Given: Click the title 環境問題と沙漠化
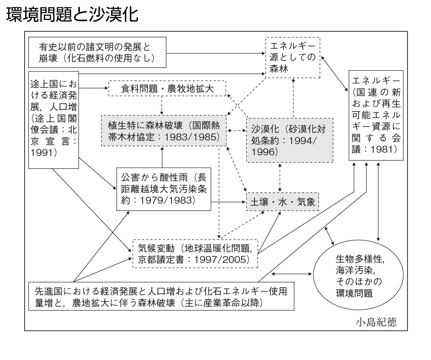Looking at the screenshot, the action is (x=72, y=15).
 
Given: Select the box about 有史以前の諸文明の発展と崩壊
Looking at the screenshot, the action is (x=97, y=52).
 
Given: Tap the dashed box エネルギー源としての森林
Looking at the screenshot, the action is (x=293, y=58).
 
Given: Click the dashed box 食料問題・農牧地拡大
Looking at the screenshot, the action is (x=167, y=88).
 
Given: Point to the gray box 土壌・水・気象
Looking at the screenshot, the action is (x=282, y=202).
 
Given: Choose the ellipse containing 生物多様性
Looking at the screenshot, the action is (x=358, y=275).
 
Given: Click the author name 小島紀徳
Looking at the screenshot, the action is (x=376, y=322).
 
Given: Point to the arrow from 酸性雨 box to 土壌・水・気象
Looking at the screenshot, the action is (x=228, y=202).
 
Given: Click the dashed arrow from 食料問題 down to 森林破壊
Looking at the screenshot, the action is (x=162, y=105).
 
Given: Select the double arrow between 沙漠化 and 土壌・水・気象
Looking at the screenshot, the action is (x=280, y=178).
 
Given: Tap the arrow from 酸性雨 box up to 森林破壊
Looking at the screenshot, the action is (x=162, y=157).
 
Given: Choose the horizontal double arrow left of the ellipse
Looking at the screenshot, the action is (x=291, y=274).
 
